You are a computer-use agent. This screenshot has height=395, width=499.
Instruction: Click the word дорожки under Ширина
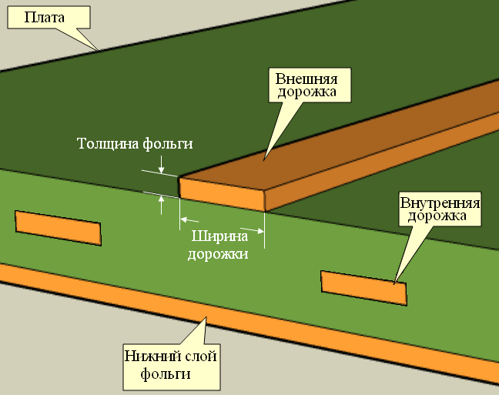tap(218, 253)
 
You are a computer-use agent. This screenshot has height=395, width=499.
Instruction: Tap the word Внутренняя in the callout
tap(440, 203)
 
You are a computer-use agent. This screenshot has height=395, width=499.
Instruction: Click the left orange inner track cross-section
tap(58, 228)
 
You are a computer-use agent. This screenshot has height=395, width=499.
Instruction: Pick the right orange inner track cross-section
tap(363, 287)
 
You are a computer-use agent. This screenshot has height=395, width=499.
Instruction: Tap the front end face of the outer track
tap(223, 196)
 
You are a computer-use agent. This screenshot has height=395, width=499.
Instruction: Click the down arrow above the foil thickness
tap(161, 169)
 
